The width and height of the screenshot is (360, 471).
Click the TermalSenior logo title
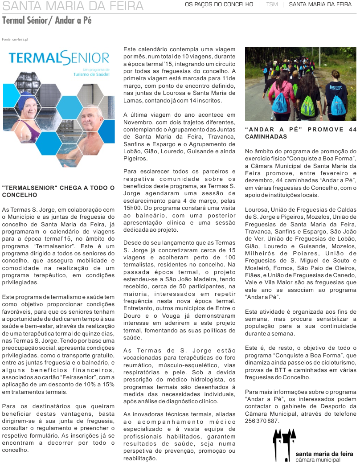[x=59, y=58]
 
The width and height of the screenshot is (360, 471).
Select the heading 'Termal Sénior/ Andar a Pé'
[x=47, y=20]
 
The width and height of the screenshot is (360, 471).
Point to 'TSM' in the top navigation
[x=272, y=4]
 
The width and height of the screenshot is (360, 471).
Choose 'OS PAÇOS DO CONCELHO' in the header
[x=219, y=4]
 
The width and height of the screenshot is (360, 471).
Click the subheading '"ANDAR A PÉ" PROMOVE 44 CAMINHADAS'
[x=301, y=133]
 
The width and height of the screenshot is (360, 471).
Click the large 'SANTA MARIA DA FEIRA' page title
[x=73, y=6]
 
